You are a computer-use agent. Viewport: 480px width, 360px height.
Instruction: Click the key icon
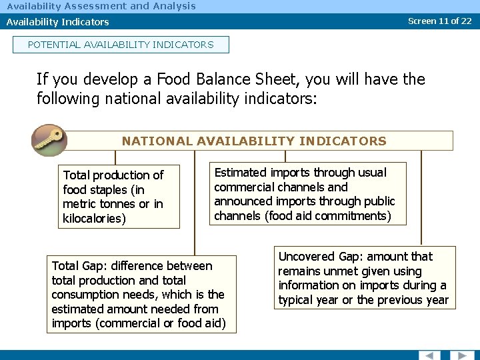[x=49, y=140]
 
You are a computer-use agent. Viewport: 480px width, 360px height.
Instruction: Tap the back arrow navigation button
[x=430, y=355]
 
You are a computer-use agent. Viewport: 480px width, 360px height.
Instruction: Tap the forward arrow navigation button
[x=461, y=355]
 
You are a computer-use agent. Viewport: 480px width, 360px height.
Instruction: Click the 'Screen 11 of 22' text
[x=439, y=21]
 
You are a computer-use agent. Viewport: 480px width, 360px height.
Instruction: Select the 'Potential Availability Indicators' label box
[x=121, y=45]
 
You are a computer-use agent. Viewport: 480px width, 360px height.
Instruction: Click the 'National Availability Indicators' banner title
[x=254, y=141]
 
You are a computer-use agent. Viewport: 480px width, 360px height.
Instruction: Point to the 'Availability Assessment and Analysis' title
[x=101, y=6]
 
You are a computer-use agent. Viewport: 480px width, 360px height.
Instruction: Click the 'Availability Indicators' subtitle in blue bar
[x=58, y=22]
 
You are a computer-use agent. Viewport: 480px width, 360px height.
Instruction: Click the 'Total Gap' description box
[x=141, y=295]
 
